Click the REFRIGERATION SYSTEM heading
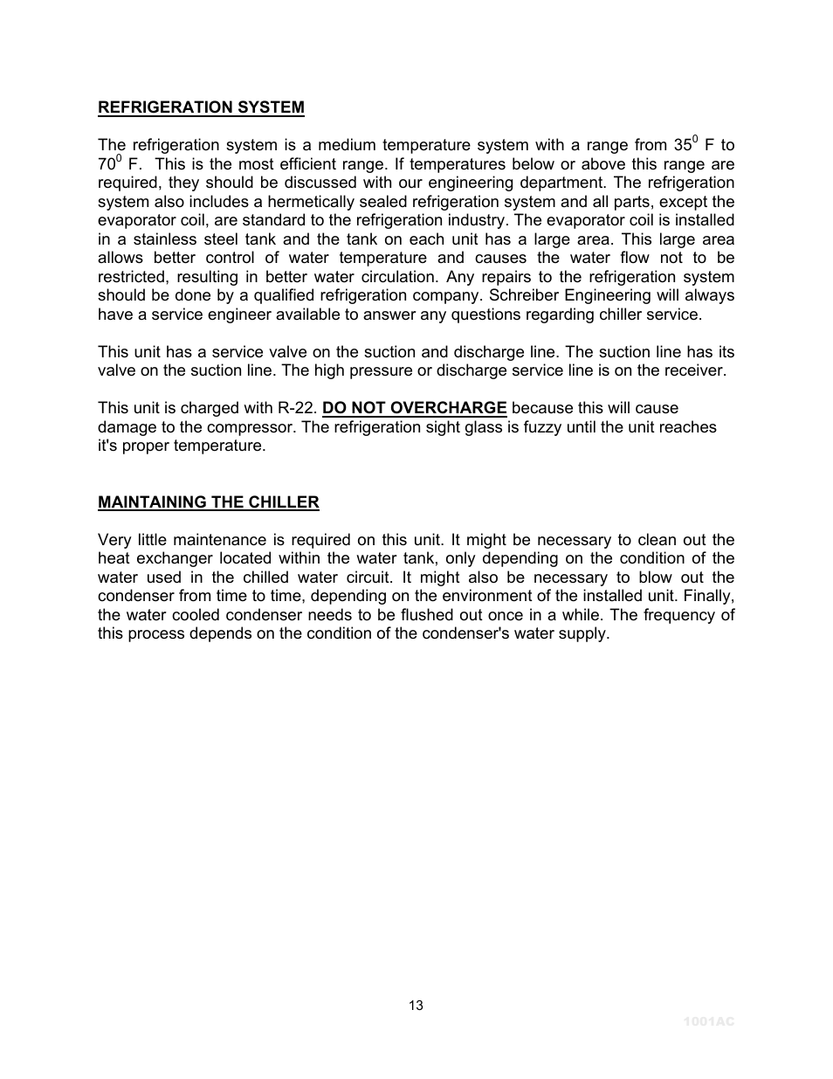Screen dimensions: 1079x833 201,107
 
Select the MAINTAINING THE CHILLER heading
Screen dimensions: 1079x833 208,502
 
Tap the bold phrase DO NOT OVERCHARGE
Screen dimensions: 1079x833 415,408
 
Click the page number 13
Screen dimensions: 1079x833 416,1006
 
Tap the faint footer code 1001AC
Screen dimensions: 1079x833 709,1021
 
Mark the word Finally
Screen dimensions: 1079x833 706,596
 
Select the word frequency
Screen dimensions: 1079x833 678,615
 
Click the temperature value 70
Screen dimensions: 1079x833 107,165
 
